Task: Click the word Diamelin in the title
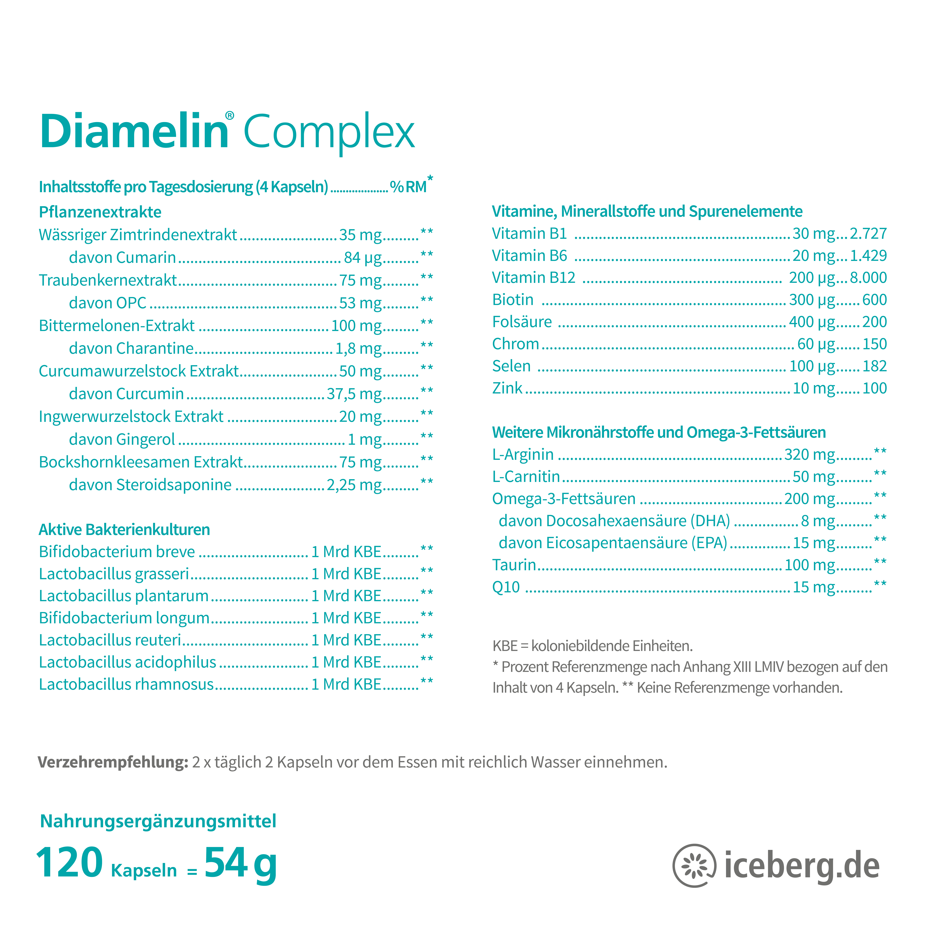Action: pos(134,132)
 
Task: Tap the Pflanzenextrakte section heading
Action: pos(100,212)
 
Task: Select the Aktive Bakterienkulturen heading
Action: pos(124,529)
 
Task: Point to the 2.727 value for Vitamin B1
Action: pos(868,233)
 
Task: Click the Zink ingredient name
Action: pos(507,388)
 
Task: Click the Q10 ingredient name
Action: pos(506,587)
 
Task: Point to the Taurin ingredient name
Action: pos(514,565)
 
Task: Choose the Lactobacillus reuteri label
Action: pos(110,640)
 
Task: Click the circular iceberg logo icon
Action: pos(694,865)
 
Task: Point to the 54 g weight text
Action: pos(240,863)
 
